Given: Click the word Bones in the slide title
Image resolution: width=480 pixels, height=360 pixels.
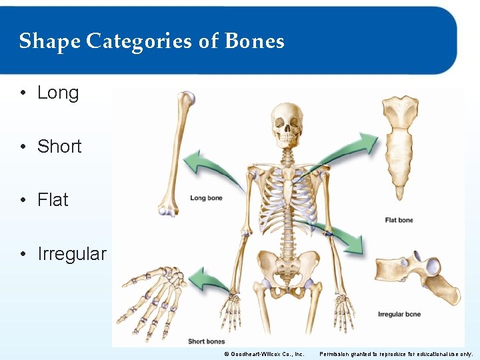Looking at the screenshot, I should (x=255, y=41).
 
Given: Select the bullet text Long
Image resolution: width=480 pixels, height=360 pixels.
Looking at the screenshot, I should (x=58, y=93).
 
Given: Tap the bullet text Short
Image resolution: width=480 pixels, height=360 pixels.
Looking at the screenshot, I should (x=59, y=147).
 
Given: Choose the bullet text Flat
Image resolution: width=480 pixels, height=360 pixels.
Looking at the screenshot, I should (x=53, y=200).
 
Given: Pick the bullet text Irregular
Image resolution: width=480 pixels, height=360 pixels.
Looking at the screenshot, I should (x=72, y=254).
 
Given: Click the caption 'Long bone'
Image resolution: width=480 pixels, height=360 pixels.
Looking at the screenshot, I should (x=206, y=198).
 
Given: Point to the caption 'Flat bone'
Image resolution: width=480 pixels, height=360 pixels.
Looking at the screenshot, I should (x=399, y=220).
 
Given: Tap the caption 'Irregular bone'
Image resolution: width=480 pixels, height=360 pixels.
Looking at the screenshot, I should (x=399, y=314).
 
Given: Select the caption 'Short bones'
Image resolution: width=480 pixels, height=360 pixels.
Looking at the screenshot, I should (x=206, y=341).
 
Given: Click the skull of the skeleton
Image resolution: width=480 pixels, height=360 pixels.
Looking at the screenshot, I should (x=287, y=125).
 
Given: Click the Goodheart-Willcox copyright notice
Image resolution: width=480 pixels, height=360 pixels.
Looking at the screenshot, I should (x=264, y=354).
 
